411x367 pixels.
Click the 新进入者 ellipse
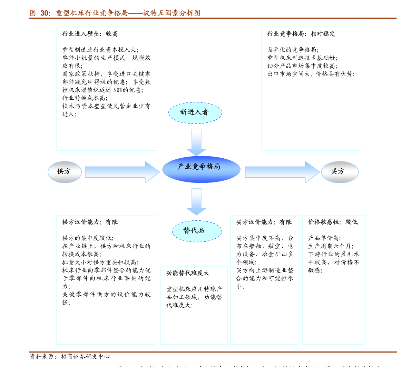195,113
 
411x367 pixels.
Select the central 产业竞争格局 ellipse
201,169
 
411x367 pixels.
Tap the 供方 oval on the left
65,172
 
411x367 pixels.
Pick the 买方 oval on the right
340,172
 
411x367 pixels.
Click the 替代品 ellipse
197,231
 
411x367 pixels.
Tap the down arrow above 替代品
196,201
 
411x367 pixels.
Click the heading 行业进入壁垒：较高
90,34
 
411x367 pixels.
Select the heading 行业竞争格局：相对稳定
301,34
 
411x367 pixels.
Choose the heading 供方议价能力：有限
90,222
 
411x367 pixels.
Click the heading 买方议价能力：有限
264,222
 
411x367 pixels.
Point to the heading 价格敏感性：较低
333,222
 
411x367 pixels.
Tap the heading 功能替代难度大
188,273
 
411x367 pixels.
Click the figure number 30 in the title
45,13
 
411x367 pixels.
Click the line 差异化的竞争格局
293,50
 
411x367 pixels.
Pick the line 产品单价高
324,238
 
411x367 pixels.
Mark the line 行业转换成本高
85,98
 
